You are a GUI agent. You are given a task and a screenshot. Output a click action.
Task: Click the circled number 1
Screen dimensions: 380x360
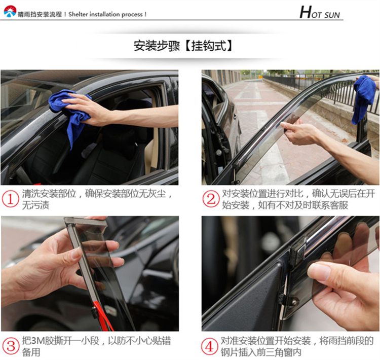11,199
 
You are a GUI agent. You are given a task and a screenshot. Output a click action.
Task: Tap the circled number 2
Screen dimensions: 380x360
211,199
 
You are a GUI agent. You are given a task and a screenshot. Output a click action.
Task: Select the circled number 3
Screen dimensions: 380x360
11,346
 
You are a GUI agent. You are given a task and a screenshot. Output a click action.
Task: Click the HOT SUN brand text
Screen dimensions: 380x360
320,12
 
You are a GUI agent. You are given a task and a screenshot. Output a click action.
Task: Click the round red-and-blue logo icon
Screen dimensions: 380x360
10,11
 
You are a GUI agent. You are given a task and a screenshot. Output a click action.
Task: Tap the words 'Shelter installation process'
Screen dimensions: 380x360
105,14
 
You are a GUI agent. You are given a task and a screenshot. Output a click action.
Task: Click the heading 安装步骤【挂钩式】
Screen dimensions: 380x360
183,46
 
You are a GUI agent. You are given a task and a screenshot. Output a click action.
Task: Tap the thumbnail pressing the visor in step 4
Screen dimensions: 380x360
318,271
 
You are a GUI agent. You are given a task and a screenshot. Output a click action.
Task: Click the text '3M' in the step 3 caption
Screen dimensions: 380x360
36,341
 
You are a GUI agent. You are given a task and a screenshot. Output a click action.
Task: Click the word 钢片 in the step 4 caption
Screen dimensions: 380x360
230,352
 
